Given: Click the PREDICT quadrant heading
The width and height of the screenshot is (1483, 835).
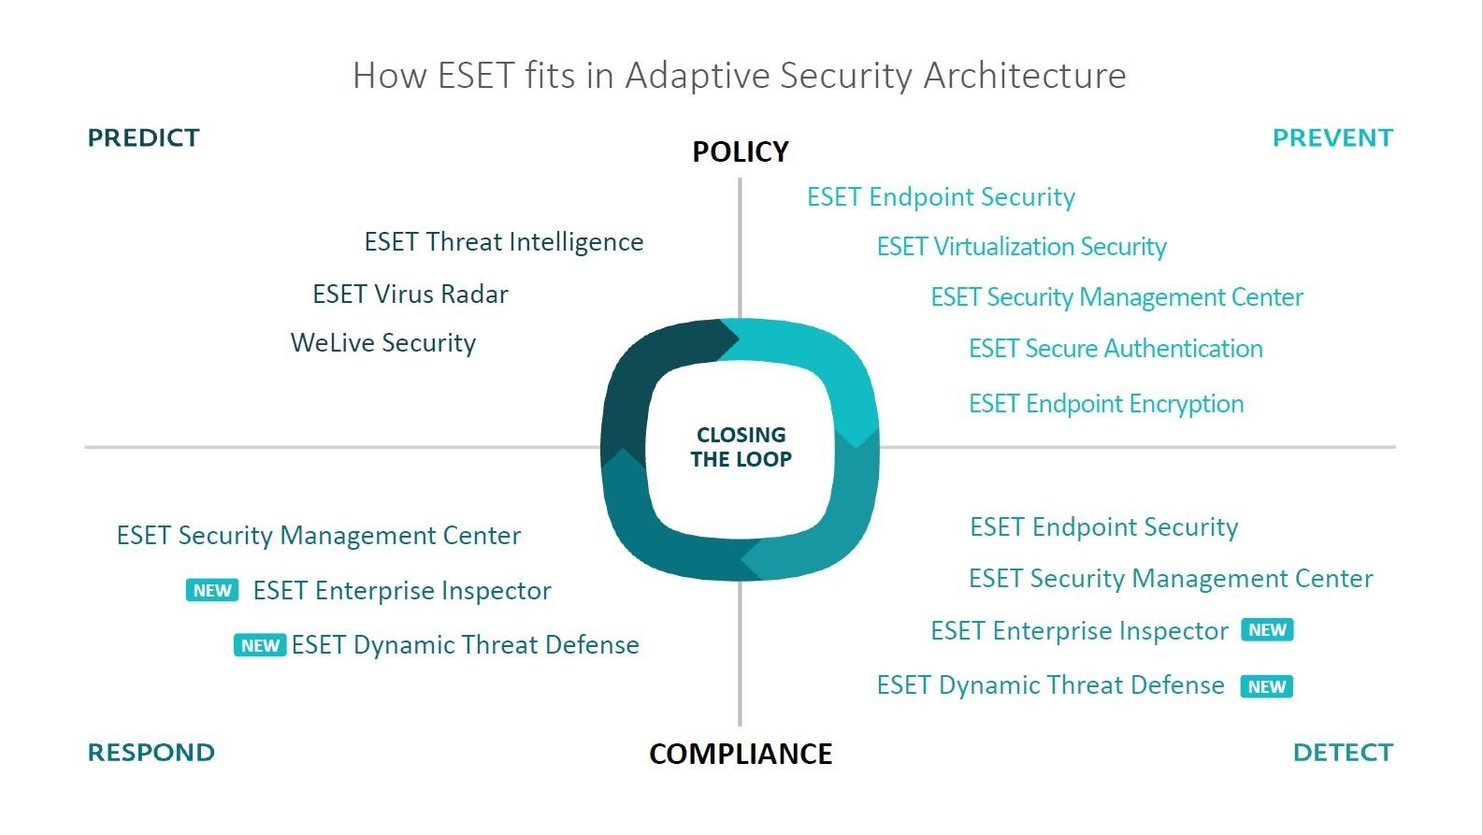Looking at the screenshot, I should (x=143, y=138).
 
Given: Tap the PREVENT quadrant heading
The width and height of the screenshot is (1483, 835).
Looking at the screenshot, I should (x=1332, y=138).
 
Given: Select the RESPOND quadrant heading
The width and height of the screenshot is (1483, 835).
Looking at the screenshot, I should (x=151, y=753).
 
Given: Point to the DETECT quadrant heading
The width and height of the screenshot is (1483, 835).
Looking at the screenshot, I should (x=1343, y=753).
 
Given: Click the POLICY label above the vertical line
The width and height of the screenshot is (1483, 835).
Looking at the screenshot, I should (x=741, y=151).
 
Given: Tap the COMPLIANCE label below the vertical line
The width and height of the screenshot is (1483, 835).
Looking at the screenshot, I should (x=741, y=754).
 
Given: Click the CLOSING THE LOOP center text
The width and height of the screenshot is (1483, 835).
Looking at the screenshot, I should (x=741, y=447).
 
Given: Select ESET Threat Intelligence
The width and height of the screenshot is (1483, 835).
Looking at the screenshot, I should (x=503, y=242).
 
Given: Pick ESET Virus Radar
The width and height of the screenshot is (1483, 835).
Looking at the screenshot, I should (x=410, y=295).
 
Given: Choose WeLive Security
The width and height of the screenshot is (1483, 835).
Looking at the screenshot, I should (x=383, y=343).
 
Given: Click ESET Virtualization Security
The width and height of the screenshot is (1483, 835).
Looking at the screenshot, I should (x=1021, y=247).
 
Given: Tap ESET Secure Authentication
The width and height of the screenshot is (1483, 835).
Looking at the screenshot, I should (x=1116, y=349).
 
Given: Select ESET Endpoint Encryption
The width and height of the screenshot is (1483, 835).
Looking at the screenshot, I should (x=1106, y=404).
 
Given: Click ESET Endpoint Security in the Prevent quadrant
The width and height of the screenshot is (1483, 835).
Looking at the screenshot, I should (x=941, y=197).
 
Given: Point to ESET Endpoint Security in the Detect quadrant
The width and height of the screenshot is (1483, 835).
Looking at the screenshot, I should (x=1103, y=527).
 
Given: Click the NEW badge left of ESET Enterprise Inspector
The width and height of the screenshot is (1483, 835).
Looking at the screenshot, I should (x=212, y=590).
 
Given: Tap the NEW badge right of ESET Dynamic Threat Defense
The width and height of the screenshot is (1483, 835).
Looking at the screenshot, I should (x=1266, y=686).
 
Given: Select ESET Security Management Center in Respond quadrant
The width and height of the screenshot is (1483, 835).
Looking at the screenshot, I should (x=318, y=536).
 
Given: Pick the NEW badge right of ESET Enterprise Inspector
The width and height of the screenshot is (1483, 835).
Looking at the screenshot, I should (x=1267, y=630).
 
